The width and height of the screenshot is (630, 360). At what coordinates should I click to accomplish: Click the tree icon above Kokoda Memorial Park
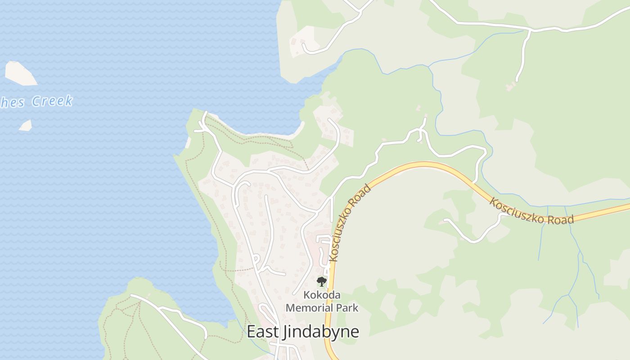(321, 282)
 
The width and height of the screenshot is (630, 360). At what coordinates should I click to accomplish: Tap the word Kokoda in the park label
(322, 296)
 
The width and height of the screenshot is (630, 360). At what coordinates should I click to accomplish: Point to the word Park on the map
(346, 308)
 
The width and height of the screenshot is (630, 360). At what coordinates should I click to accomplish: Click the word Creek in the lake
(52, 101)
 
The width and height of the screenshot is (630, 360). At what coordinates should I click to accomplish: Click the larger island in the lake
(20, 73)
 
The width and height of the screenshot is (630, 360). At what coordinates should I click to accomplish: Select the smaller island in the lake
(26, 125)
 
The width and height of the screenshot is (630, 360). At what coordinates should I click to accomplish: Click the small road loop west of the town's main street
(256, 260)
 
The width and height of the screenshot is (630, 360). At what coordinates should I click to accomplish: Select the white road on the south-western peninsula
(171, 310)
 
